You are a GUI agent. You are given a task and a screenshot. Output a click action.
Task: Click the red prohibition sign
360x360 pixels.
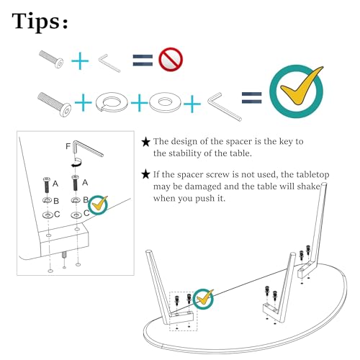click(171, 59)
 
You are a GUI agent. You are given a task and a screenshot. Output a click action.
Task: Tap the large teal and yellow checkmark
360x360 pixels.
click(297, 91)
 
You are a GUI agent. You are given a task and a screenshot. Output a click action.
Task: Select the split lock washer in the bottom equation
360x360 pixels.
click(112, 102)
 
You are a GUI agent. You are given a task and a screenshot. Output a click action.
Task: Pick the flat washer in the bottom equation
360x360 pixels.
click(165, 102)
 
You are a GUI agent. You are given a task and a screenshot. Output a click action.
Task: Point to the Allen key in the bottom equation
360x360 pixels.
click(225, 107)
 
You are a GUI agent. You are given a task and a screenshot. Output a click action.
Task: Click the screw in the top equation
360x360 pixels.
click(51, 59)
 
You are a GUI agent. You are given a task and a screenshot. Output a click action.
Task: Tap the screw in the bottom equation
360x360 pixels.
click(55, 104)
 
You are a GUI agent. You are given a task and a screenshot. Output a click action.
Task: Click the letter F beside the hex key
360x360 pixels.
click(68, 146)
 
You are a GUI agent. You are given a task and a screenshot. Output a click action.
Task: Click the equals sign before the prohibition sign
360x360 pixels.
click(143, 60)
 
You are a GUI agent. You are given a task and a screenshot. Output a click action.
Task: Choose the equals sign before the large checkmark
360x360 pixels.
click(251, 98)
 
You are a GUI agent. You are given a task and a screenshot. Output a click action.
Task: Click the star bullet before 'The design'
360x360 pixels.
click(146, 142)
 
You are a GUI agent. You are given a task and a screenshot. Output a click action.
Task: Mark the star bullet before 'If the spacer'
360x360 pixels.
click(146, 174)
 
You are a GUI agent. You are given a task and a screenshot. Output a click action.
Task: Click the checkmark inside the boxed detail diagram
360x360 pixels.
click(98, 204)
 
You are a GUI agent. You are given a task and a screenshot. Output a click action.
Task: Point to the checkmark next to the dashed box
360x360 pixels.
click(203, 299)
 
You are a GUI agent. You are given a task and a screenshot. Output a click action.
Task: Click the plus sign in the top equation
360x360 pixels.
click(80, 60)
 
